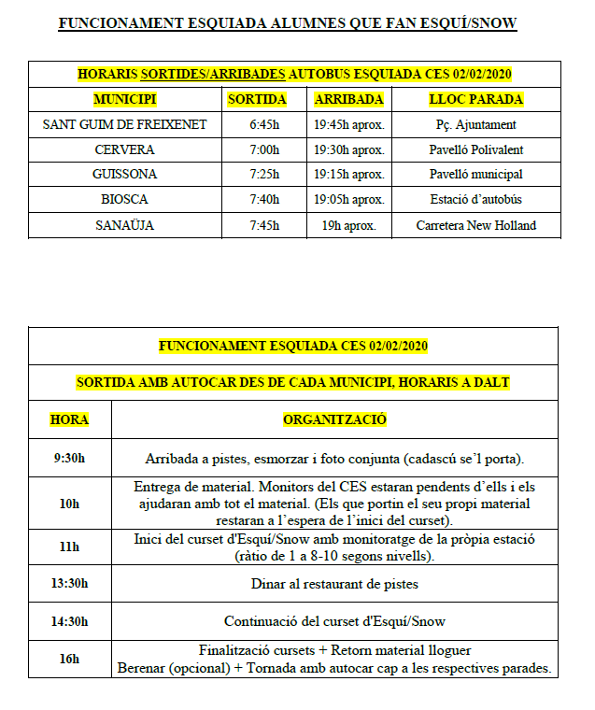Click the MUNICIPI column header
(x=124, y=99)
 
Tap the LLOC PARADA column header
(x=475, y=99)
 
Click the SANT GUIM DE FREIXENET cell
(x=124, y=124)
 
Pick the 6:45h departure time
(x=264, y=124)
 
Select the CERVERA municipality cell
(x=124, y=149)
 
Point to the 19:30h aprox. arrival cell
(x=348, y=149)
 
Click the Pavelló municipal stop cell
(x=475, y=175)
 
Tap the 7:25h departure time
(x=264, y=175)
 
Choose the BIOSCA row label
(x=124, y=200)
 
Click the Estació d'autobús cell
(x=475, y=200)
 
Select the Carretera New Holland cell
(x=475, y=225)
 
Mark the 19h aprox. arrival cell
(x=348, y=225)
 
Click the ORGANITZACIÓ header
(x=334, y=420)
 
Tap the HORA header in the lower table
(x=69, y=420)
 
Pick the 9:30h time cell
(x=69, y=459)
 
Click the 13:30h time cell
(x=69, y=584)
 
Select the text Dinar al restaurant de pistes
(x=334, y=584)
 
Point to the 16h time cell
(x=69, y=660)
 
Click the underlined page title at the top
(x=287, y=22)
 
